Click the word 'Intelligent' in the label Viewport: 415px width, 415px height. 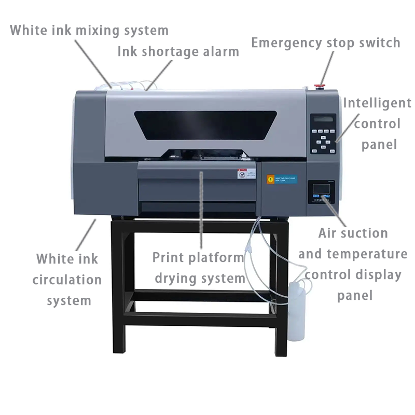[377, 103]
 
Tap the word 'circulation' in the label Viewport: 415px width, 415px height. [67, 280]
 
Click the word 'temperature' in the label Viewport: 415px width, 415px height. [367, 254]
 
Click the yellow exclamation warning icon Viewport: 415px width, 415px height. [270, 179]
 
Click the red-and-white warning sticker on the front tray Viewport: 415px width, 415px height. [245, 173]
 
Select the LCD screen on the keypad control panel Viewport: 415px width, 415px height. [323, 120]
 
